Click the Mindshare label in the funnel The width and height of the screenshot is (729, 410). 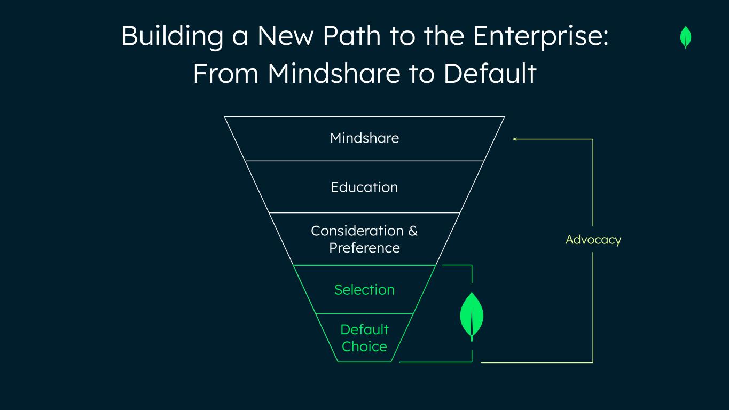point(364,138)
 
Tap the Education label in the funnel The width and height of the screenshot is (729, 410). point(364,187)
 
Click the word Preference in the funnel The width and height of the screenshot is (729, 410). point(364,248)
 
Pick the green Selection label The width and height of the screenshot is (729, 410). point(364,290)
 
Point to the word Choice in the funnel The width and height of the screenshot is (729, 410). point(364,346)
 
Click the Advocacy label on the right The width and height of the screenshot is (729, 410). point(593,240)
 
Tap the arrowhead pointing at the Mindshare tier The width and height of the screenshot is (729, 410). point(514,139)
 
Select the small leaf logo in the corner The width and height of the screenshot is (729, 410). point(686,37)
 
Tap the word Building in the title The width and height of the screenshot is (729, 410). point(172,36)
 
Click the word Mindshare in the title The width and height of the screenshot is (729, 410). point(334,73)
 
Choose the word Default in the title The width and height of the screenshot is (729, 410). point(490,73)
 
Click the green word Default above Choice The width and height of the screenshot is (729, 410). point(364,329)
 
